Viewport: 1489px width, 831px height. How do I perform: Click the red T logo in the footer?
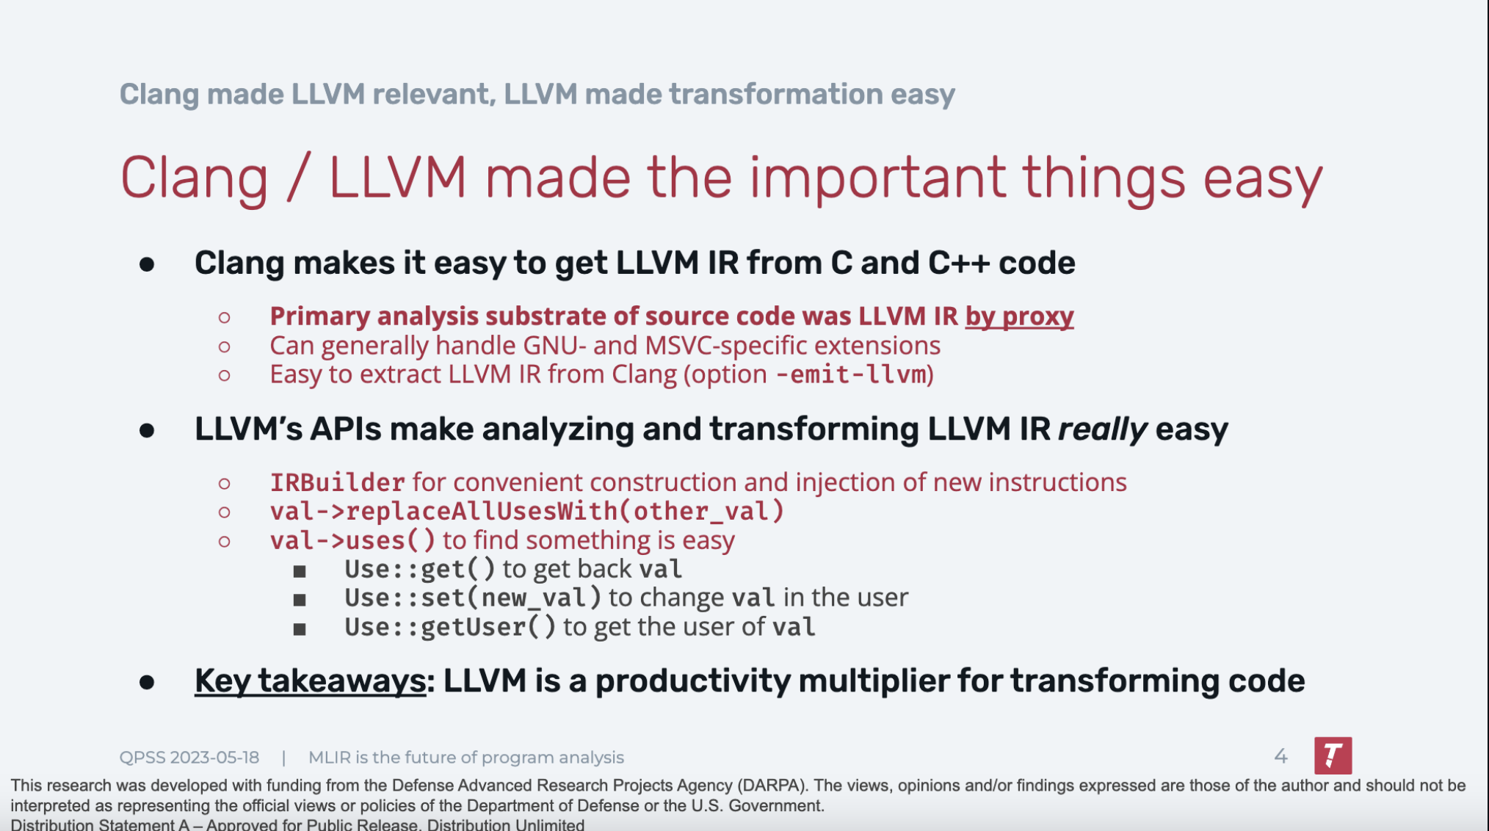(x=1333, y=755)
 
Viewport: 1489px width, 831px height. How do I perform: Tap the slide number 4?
(x=1280, y=756)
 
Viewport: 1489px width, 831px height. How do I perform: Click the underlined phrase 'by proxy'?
(x=1019, y=316)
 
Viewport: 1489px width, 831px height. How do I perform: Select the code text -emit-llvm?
(x=852, y=374)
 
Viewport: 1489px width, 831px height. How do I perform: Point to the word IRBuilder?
(x=337, y=482)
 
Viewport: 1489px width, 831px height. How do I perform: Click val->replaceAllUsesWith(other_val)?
(x=527, y=511)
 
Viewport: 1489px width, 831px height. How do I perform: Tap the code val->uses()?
(x=352, y=540)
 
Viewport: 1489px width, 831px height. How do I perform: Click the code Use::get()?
(x=420, y=569)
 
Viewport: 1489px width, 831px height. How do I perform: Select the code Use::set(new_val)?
(x=473, y=598)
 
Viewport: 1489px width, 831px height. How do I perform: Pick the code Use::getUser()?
(x=450, y=627)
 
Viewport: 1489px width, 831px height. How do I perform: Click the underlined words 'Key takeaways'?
(x=310, y=681)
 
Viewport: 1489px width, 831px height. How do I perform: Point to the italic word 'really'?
(x=1102, y=429)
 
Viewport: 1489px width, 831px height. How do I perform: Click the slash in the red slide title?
(x=298, y=178)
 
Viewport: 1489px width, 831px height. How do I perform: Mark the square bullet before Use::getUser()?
(x=300, y=629)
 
